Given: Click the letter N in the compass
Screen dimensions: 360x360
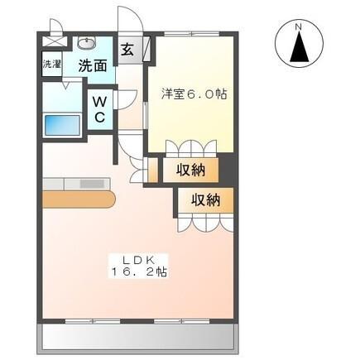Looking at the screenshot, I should (299, 27).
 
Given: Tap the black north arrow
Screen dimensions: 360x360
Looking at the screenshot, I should (299, 49).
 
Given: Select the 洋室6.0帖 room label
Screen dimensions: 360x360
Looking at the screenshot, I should (194, 94).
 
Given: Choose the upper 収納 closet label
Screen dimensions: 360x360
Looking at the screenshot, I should (192, 170).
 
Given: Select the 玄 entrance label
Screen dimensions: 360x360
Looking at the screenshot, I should (129, 49).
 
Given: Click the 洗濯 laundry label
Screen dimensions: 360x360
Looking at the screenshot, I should (50, 64).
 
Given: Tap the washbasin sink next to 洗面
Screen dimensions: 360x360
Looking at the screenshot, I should (88, 44).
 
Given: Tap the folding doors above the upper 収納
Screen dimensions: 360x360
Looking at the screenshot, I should (191, 149).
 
